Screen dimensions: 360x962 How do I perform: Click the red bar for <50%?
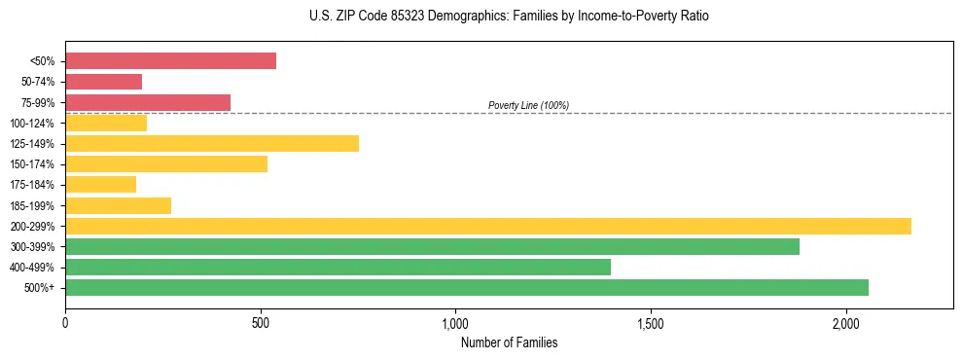(x=170, y=61)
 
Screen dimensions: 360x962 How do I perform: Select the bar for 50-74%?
(x=103, y=82)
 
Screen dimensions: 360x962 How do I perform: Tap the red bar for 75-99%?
(x=148, y=102)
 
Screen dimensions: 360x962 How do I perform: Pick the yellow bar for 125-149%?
(x=212, y=144)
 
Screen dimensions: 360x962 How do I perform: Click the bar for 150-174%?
(x=166, y=164)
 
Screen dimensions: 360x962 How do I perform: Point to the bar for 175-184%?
(x=100, y=185)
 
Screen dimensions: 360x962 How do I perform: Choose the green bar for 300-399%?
(x=432, y=247)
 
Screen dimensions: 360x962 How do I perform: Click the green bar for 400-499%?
(x=338, y=268)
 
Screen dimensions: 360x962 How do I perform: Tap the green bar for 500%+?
(x=467, y=288)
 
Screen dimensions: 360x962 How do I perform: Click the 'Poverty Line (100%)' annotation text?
(x=528, y=105)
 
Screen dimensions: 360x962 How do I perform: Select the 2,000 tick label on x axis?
(x=846, y=323)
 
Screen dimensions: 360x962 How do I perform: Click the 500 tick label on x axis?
(x=261, y=323)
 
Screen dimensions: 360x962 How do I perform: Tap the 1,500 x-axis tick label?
(x=651, y=323)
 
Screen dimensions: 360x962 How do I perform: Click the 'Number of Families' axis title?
(x=509, y=342)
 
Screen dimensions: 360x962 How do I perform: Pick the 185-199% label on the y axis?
(x=35, y=205)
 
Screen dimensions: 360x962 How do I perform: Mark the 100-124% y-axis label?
(x=35, y=124)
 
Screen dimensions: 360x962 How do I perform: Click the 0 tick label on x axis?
(x=65, y=323)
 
